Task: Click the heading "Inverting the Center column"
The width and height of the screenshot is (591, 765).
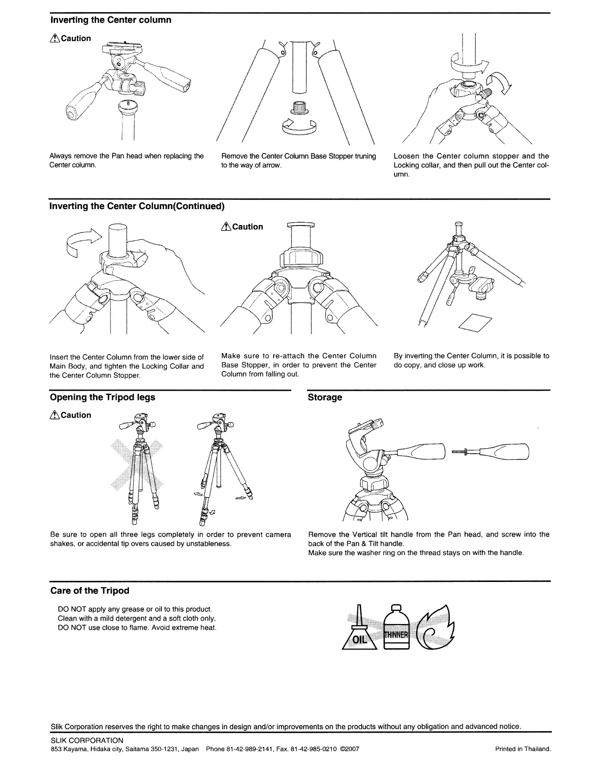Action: click(x=111, y=20)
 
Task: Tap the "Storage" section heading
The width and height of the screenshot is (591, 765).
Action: click(x=325, y=397)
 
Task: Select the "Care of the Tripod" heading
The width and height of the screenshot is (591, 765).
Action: click(x=90, y=591)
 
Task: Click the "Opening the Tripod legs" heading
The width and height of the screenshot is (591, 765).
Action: click(x=102, y=397)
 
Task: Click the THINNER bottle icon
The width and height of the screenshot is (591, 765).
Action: click(x=396, y=630)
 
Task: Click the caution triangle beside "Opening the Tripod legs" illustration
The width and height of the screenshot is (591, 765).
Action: click(x=55, y=415)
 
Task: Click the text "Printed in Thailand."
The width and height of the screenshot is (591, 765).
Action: click(x=523, y=749)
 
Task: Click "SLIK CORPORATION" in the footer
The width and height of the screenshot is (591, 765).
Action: click(x=87, y=740)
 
